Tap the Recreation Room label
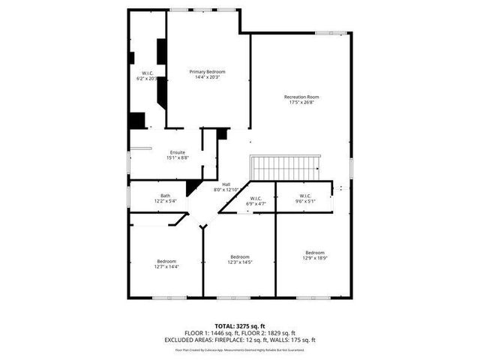pyautogui.click(x=301, y=97)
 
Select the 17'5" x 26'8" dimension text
pyautogui.click(x=301, y=103)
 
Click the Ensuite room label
pyautogui.click(x=177, y=152)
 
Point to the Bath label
pyautogui.click(x=165, y=196)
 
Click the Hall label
pyautogui.click(x=226, y=184)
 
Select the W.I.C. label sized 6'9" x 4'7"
pyautogui.click(x=256, y=199)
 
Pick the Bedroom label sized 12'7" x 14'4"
pyautogui.click(x=166, y=260)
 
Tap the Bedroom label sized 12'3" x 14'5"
pyautogui.click(x=240, y=256)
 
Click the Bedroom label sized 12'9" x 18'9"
pyautogui.click(x=315, y=252)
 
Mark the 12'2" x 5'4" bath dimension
pyautogui.click(x=165, y=201)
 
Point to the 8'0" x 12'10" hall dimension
pyautogui.click(x=226, y=190)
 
